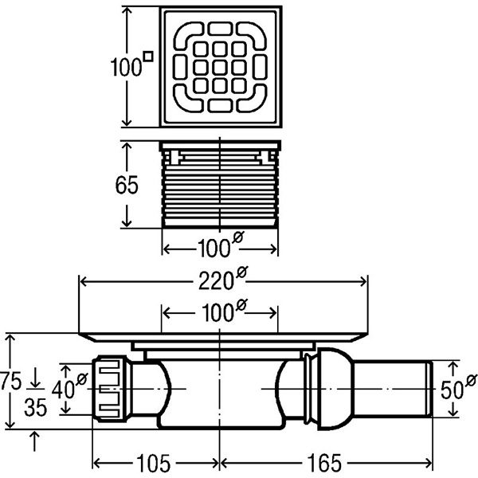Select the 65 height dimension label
point(127,184)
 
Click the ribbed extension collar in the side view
point(220,191)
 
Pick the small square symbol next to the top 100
point(147,56)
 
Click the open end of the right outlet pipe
point(428,388)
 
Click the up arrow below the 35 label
point(35,436)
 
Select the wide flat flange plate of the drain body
point(223,334)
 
